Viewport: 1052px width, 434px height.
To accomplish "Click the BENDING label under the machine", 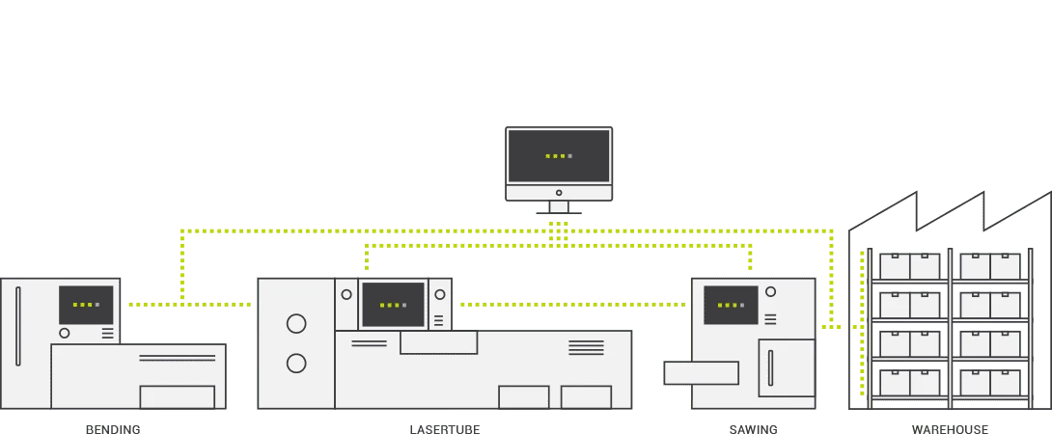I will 113,428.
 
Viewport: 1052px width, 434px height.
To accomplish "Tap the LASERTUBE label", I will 444,428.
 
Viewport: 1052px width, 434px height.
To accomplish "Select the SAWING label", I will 753,428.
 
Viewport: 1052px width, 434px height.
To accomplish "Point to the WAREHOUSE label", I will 950,428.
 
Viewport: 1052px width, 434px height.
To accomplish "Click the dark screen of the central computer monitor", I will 559,155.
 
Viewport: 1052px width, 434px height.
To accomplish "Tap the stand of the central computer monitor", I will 559,206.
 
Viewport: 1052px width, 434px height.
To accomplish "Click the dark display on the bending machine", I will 86,305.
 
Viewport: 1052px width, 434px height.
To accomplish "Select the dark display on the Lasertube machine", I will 393,305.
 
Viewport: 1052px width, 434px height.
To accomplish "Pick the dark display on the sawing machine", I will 731,305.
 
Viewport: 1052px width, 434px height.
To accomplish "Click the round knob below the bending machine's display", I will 65,333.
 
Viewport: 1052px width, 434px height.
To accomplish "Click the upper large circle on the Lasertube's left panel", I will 296,324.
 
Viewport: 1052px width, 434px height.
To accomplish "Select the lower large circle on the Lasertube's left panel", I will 296,364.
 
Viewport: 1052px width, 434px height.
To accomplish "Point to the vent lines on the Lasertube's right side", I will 586,347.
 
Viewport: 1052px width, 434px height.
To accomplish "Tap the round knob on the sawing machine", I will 769,291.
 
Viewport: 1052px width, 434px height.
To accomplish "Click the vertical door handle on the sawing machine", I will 769,368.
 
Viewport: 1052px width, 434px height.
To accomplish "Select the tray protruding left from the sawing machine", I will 702,372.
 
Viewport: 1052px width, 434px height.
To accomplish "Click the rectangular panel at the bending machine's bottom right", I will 178,396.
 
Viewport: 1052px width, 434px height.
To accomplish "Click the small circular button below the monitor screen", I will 559,193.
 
